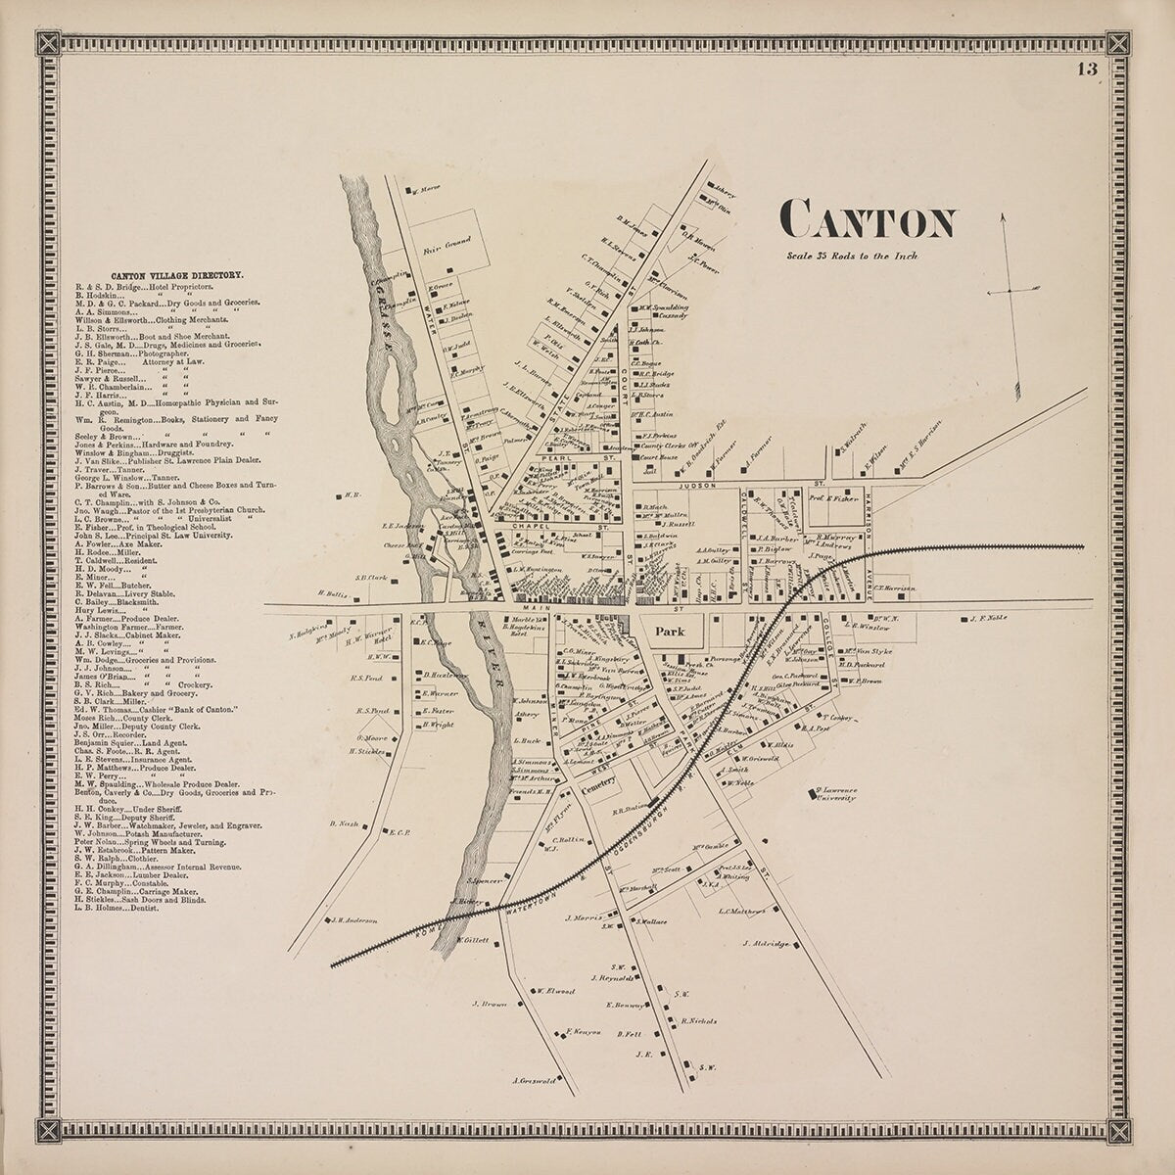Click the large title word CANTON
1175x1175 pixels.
(868, 222)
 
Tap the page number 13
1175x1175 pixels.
(1086, 69)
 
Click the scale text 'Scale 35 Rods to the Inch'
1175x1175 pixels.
(851, 257)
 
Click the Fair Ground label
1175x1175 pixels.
(446, 246)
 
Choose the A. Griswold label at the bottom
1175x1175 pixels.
(534, 1082)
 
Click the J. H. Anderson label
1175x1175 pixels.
(354, 918)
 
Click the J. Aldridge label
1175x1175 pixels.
(767, 943)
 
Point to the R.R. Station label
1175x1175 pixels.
(631, 810)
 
